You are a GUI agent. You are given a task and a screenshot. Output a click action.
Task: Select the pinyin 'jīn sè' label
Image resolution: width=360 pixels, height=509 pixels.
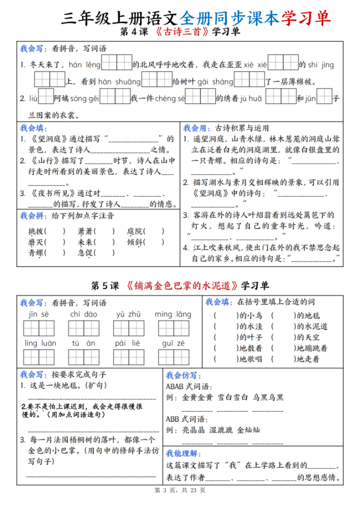pos(39,314)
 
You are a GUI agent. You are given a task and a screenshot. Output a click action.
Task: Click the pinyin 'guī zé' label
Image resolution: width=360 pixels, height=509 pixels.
pos(173,342)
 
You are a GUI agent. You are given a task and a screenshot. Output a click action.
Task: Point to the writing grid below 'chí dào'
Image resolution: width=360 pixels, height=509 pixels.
pos(83,328)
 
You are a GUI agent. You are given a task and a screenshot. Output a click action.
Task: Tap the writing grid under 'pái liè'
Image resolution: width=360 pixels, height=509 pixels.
pos(128,357)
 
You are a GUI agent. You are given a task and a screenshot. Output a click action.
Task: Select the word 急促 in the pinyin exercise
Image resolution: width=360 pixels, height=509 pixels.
pos(86,253)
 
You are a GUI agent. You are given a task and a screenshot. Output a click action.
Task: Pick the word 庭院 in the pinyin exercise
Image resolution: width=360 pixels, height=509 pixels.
pos(135,231)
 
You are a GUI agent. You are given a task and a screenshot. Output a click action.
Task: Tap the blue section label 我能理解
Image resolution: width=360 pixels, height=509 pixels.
pos(183,453)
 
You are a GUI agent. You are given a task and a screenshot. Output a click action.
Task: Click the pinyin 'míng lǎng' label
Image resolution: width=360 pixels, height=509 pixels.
pos(173,314)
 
